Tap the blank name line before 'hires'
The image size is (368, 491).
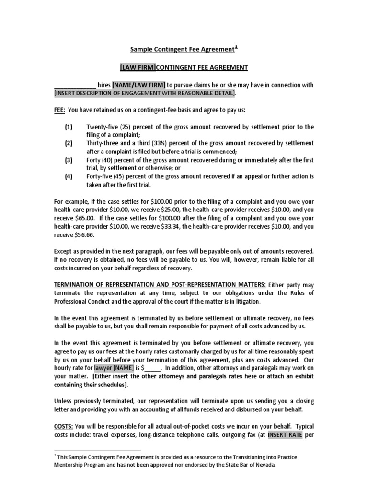pos(75,85)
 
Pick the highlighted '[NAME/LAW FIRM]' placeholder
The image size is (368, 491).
pos(139,85)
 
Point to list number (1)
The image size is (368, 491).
pos(69,127)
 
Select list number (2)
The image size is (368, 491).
pos(69,143)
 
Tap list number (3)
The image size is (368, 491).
pos(69,160)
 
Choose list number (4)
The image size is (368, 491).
pos(69,176)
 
